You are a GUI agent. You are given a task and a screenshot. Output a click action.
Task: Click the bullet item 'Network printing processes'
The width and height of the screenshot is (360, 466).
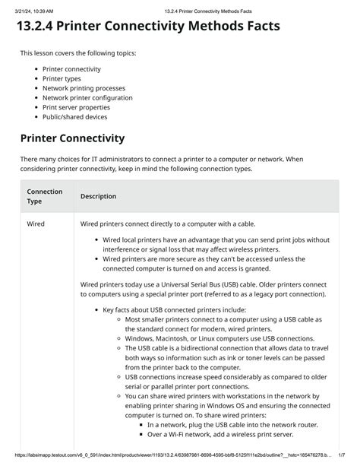tap(84, 88)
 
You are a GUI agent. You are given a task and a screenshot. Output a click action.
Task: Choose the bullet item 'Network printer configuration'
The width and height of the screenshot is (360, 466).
tap(88, 98)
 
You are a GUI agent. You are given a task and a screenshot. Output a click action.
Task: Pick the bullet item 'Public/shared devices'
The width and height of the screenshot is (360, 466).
tap(74, 117)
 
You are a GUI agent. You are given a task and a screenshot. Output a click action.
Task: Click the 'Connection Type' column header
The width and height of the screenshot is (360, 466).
tap(44, 196)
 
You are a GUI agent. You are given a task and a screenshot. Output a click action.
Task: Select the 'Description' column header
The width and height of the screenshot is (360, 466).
tap(98, 196)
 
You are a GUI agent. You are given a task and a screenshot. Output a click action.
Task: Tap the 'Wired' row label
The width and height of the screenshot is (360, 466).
tap(36, 223)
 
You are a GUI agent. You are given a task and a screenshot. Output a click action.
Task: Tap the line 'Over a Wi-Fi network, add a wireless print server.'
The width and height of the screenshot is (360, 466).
tap(220, 434)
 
